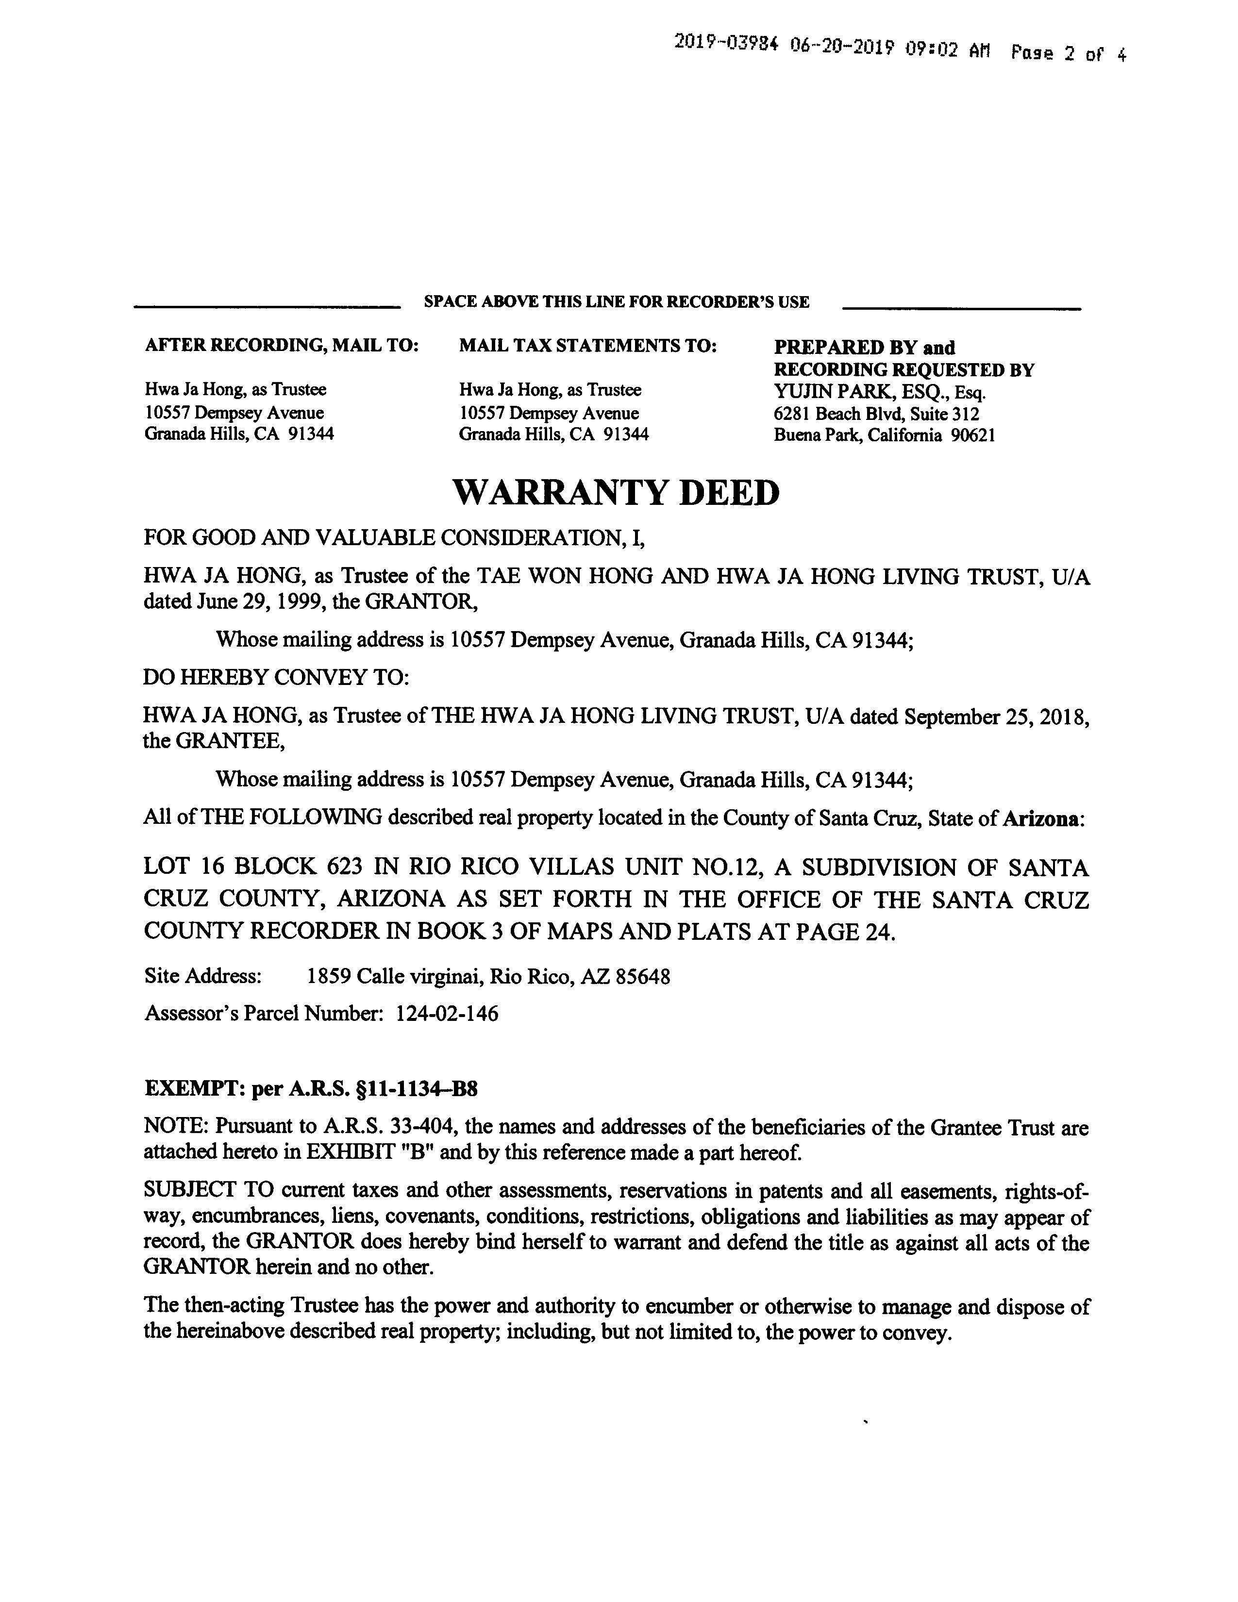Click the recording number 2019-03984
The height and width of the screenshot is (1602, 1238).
(725, 44)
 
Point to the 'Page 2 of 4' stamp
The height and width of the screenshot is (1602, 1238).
(1068, 53)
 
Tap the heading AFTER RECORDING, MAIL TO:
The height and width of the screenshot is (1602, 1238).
(282, 346)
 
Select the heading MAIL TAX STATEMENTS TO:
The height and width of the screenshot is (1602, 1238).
(587, 346)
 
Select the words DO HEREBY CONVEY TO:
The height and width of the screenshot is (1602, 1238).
(276, 677)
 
